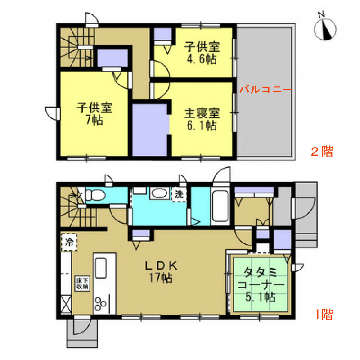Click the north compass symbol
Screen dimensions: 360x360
[325, 29]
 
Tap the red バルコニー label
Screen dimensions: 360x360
[266, 89]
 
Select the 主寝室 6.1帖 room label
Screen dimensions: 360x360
[202, 119]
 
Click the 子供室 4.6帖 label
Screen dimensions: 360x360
[202, 53]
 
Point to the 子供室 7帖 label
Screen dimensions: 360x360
[94, 114]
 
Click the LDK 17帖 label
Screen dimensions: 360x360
[161, 272]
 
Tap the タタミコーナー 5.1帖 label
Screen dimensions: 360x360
[261, 285]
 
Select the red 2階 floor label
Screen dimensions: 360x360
[322, 152]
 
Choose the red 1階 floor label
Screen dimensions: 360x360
[324, 314]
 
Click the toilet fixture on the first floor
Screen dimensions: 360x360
[95, 195]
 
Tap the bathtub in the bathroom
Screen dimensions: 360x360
[220, 206]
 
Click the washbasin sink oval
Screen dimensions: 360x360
[160, 193]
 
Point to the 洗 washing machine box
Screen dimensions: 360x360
[179, 194]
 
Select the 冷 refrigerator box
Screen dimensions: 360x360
[69, 242]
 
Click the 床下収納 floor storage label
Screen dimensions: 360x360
[82, 284]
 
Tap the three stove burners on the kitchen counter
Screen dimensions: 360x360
[100, 303]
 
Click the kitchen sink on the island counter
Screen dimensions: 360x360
[101, 268]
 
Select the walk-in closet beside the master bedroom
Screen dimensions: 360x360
[150, 130]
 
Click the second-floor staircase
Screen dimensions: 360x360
[76, 48]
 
